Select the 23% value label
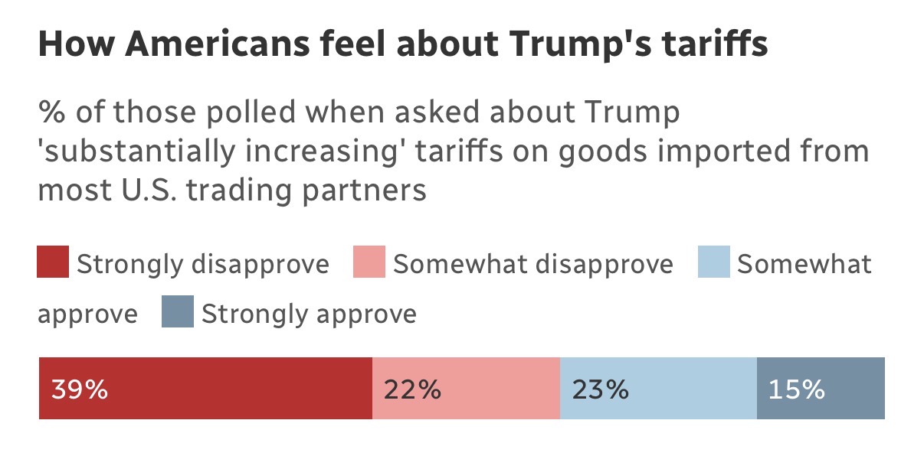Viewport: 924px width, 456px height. [600, 389]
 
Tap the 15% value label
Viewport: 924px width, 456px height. [797, 389]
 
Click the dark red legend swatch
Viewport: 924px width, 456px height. [53, 262]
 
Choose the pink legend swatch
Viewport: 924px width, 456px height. [369, 262]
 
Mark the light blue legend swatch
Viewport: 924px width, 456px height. [713, 262]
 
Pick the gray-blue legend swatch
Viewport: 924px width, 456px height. [177, 312]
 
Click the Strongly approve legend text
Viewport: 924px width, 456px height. [309, 314]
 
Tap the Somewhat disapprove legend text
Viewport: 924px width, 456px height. [532, 264]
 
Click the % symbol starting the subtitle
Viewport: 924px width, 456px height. [51, 112]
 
